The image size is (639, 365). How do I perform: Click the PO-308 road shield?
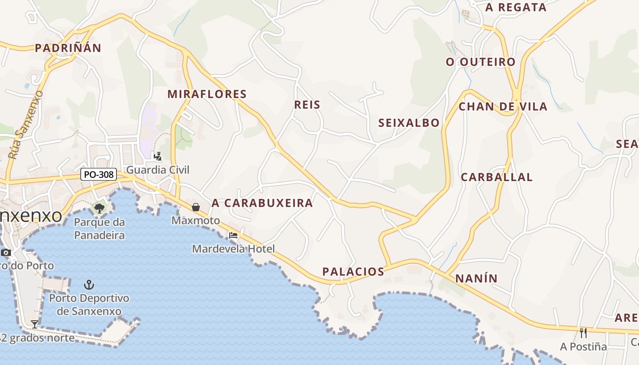tap(99, 174)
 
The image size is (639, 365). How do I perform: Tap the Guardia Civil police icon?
tap(157, 156)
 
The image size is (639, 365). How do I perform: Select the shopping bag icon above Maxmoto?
tap(196, 207)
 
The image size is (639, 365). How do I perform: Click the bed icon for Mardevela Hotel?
tap(233, 235)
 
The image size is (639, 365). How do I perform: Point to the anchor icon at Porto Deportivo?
tap(89, 285)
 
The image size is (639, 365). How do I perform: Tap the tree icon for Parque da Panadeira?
tap(99, 209)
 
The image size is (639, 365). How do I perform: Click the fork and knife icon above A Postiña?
tap(583, 333)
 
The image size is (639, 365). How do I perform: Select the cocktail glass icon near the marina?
tap(34, 324)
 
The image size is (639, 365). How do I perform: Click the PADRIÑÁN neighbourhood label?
tap(68, 48)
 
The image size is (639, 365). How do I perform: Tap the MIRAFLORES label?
tap(207, 94)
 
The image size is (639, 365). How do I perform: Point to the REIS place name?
tap(307, 105)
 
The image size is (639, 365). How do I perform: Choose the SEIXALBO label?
tap(409, 123)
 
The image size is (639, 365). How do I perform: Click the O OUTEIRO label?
tap(481, 62)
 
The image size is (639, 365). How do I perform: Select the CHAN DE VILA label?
tap(503, 107)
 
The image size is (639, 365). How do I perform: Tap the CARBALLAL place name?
tap(497, 177)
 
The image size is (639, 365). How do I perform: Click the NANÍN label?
tap(477, 278)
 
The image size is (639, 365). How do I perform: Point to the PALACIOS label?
tap(353, 272)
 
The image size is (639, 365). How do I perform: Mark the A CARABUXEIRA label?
tap(262, 203)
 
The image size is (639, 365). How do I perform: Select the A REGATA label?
tap(516, 7)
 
